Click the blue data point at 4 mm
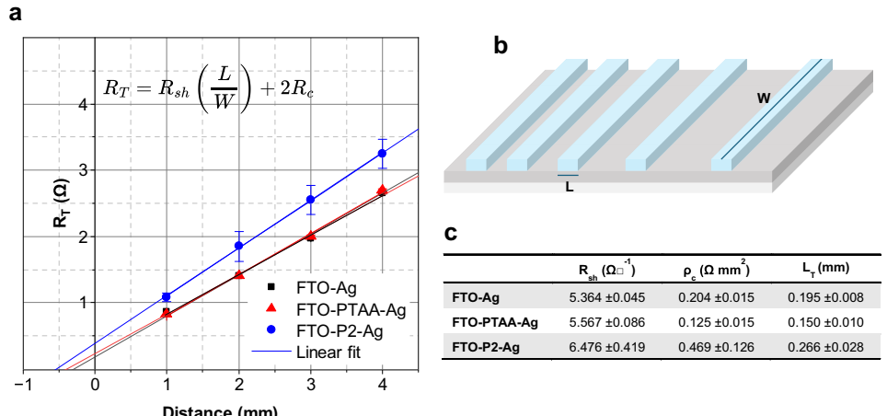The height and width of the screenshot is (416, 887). tap(382, 153)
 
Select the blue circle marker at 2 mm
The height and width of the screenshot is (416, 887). tap(239, 246)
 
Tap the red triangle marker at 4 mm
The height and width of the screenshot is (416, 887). tap(382, 190)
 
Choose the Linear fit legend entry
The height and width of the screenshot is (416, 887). tap(332, 352)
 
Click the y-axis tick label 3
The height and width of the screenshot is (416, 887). tap(83, 170)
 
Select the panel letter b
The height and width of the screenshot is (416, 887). tap(501, 45)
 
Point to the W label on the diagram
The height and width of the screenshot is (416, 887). tap(764, 98)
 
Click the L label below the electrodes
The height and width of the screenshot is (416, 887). tap(569, 186)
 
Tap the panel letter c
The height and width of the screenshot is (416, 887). tap(451, 233)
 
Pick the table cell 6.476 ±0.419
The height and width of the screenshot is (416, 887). tap(607, 346)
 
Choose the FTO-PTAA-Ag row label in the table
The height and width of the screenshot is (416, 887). tap(495, 322)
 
